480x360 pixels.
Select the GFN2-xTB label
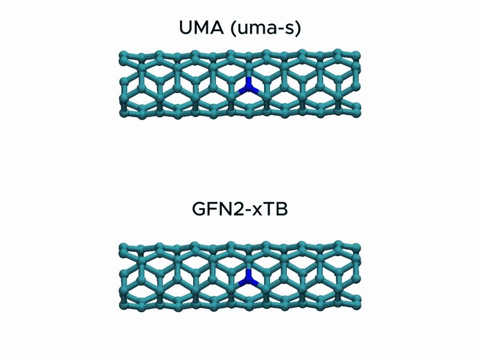click(x=240, y=211)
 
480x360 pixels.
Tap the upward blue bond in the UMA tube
click(x=248, y=83)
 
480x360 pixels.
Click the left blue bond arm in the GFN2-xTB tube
click(x=242, y=281)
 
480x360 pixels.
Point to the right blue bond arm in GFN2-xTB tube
click(x=253, y=281)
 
